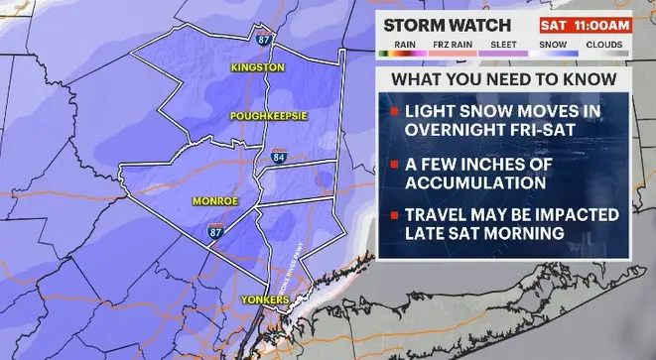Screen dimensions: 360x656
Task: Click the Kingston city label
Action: (x=257, y=67)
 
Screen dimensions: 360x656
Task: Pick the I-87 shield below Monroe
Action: (x=214, y=231)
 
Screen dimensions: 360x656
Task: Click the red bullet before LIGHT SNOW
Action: (x=394, y=108)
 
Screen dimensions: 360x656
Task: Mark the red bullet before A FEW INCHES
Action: (x=394, y=165)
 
